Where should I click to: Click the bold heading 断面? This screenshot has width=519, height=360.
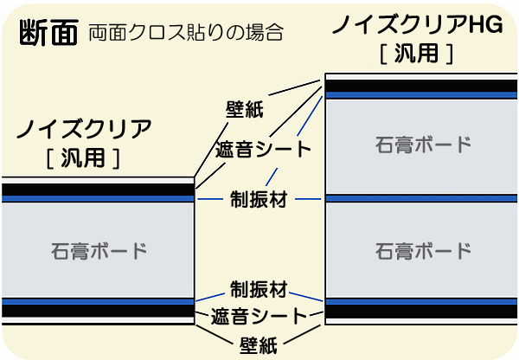pyautogui.click(x=47, y=32)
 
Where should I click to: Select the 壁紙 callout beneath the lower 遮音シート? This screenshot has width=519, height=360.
pyautogui.click(x=258, y=345)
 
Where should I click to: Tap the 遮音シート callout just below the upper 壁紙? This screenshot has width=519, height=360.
pyautogui.click(x=262, y=149)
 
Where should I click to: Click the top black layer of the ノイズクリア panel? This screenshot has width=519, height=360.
pyautogui.click(x=96, y=190)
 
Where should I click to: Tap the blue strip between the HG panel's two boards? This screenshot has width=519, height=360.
pyautogui.click(x=421, y=198)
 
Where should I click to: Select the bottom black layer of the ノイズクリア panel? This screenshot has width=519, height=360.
pyautogui.click(x=96, y=311)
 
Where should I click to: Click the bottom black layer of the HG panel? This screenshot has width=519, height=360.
pyautogui.click(x=421, y=311)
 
